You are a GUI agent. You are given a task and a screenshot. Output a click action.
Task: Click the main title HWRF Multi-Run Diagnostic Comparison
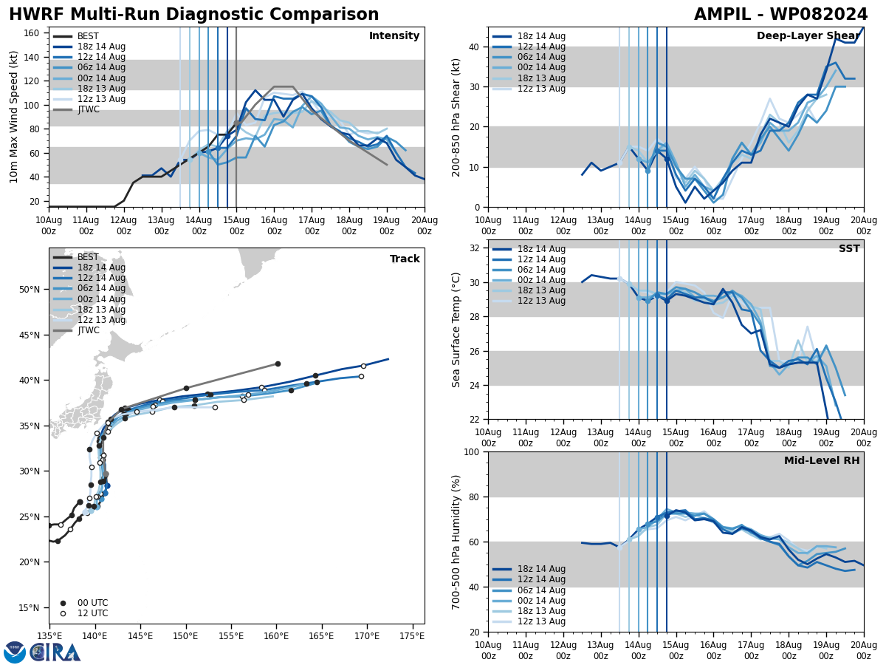pos(193,15)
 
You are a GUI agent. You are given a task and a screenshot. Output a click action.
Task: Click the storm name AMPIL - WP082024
pos(780,15)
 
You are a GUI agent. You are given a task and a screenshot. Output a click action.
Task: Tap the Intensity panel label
pos(394,36)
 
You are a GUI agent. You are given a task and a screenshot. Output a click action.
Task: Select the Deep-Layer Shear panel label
pos(808,36)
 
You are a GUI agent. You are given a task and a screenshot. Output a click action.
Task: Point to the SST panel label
pos(848,249)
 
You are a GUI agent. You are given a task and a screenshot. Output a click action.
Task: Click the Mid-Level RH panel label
pos(822,461)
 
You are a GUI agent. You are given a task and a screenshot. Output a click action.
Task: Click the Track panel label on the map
pos(405,259)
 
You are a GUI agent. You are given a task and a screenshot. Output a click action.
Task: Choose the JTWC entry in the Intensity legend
pos(89,109)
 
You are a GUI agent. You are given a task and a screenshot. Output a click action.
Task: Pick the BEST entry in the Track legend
pos(88,257)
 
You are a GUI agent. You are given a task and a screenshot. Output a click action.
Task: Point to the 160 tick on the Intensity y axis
pos(32,33)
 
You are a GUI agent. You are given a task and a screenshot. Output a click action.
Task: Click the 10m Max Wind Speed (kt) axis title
pos(14,117)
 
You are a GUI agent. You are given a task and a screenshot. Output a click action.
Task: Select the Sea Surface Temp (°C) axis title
pos(457,330)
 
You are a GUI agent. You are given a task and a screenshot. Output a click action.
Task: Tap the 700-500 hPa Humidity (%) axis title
pos(457,542)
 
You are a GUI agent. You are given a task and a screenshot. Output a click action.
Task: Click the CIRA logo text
pos(55,652)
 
